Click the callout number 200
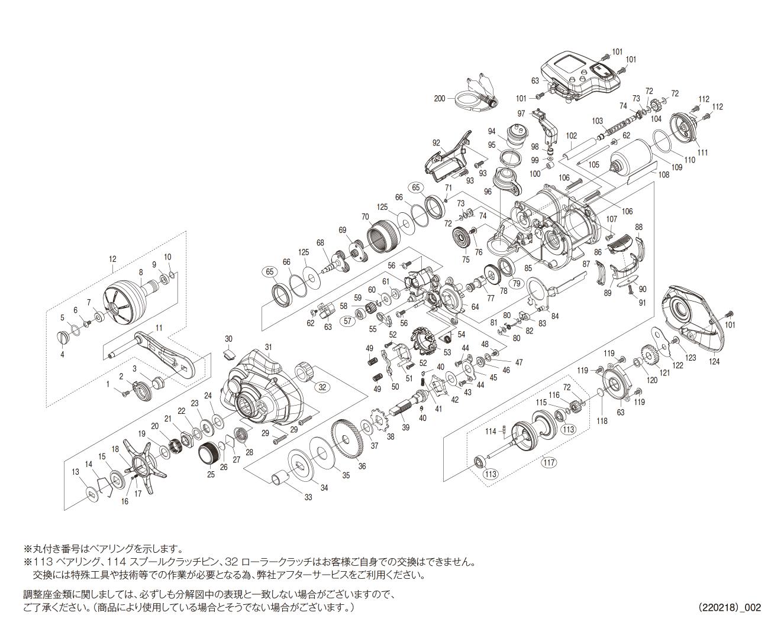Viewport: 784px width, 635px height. pos(440,98)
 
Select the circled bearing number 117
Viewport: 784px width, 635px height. pos(549,462)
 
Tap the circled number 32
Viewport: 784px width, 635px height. pos(322,387)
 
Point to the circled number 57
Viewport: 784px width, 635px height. pos(347,321)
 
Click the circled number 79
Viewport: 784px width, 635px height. pos(517,283)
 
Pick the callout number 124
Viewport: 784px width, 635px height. pos(714,361)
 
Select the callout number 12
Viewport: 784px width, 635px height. pos(112,259)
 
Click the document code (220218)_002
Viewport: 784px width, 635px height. pos(730,607)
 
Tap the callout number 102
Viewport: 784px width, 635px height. pos(571,135)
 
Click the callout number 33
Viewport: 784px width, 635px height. pos(308,497)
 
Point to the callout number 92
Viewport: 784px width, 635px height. pos(436,143)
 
